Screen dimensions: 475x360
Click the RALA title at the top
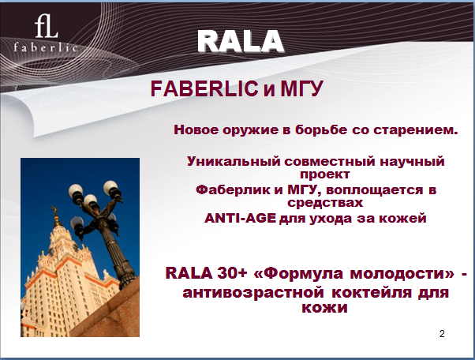(x=241, y=41)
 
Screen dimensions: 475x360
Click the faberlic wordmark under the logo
(x=46, y=47)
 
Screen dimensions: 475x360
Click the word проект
(x=325, y=174)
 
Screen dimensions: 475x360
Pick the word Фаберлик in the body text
(x=234, y=190)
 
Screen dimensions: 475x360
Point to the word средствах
(x=325, y=202)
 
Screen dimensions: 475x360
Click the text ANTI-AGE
(x=240, y=218)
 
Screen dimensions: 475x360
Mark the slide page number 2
(x=442, y=334)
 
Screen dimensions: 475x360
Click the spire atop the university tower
(x=56, y=216)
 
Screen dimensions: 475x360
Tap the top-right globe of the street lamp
(x=110, y=187)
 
